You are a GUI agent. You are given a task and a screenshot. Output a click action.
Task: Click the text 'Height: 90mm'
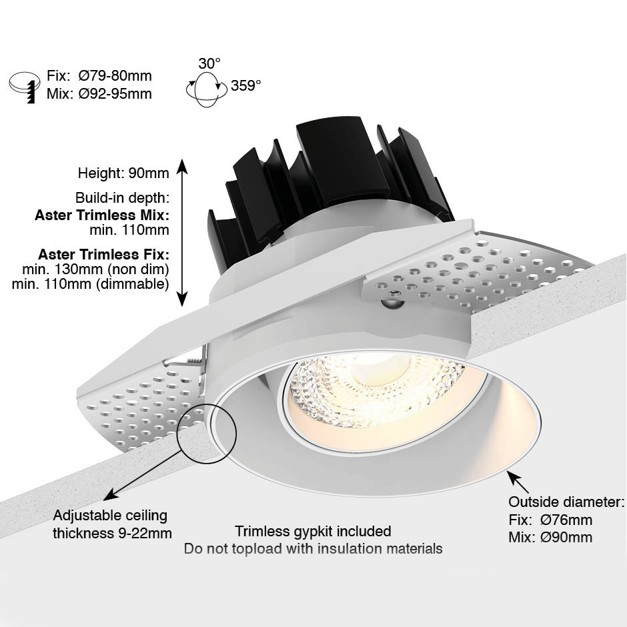pos(123,173)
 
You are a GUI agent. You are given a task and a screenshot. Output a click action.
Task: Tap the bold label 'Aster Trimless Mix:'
pos(102,215)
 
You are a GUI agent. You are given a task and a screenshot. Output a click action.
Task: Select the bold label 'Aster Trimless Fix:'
pos(103,254)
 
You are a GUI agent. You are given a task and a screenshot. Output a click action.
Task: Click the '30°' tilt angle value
pos(209,63)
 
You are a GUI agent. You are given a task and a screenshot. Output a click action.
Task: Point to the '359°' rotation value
pos(245,85)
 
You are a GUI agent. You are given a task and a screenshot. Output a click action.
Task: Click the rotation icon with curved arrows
pos(204,89)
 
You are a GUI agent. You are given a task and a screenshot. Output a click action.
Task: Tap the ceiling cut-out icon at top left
pos(25,87)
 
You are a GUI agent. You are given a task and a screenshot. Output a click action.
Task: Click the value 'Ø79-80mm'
pos(115,75)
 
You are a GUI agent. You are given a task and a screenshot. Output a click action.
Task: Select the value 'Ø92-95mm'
pos(115,93)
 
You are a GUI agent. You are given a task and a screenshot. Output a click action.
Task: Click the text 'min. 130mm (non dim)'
pos(95,269)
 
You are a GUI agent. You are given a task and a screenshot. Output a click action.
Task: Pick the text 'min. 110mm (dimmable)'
pos(90,284)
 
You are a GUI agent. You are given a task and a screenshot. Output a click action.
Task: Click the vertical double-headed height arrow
pos(182,232)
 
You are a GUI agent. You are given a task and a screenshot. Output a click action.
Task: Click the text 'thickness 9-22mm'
pos(112,533)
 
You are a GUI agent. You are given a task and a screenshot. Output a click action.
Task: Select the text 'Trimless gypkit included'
pos(313,531)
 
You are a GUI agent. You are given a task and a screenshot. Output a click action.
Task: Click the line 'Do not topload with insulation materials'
pos(313,548)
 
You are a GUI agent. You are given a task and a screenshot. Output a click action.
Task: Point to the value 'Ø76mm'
pos(566,520)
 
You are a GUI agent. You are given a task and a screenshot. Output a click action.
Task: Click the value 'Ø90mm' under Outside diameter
pos(566,538)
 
